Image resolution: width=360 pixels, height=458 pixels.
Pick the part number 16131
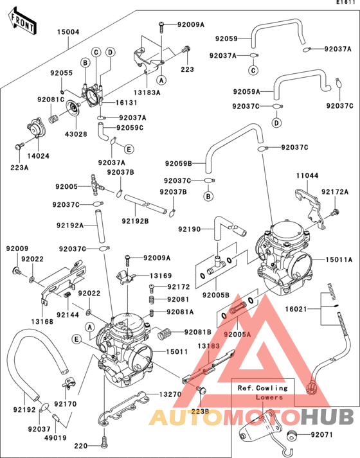point(126,103)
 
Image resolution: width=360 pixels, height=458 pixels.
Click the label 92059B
point(177,164)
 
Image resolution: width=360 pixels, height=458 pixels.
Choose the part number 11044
point(307,175)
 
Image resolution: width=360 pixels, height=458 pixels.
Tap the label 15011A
point(337,260)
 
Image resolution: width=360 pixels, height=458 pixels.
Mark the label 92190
point(190,229)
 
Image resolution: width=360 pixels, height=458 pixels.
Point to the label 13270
point(170,394)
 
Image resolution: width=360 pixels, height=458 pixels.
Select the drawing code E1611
point(345,4)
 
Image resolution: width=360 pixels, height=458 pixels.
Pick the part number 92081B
point(198,332)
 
